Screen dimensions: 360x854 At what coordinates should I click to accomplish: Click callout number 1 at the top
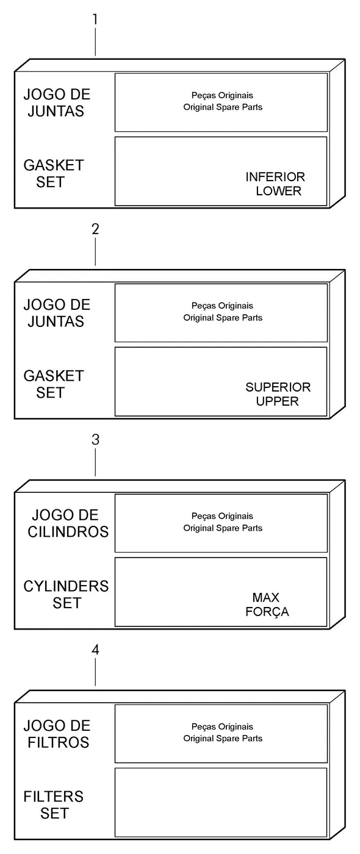[95, 20]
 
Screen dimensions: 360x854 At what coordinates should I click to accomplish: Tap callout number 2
[95, 229]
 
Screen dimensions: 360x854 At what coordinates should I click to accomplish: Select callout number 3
[95, 440]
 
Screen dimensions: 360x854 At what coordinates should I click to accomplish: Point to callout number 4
[95, 650]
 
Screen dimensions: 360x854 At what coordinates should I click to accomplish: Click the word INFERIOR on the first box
[275, 177]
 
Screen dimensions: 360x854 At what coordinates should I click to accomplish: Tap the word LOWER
[278, 191]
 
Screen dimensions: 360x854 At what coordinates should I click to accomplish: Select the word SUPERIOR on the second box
[278, 387]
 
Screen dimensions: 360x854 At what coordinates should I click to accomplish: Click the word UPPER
[277, 401]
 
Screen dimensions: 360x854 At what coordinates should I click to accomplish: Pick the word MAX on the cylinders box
[266, 597]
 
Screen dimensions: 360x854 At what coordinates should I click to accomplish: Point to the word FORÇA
[267, 612]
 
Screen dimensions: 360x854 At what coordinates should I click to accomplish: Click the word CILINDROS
[68, 532]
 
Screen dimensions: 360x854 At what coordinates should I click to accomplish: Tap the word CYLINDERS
[66, 586]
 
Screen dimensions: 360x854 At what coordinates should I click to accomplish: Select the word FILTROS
[59, 743]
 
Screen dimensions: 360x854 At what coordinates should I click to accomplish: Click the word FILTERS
[54, 797]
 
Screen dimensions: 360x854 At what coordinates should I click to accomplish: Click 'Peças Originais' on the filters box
[222, 727]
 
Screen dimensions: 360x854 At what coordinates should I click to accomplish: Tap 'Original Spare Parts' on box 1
[223, 107]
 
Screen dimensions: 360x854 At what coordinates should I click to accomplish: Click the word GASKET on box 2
[54, 376]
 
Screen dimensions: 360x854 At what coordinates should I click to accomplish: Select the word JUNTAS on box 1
[56, 111]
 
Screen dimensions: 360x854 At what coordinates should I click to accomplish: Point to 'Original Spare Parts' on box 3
[223, 528]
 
